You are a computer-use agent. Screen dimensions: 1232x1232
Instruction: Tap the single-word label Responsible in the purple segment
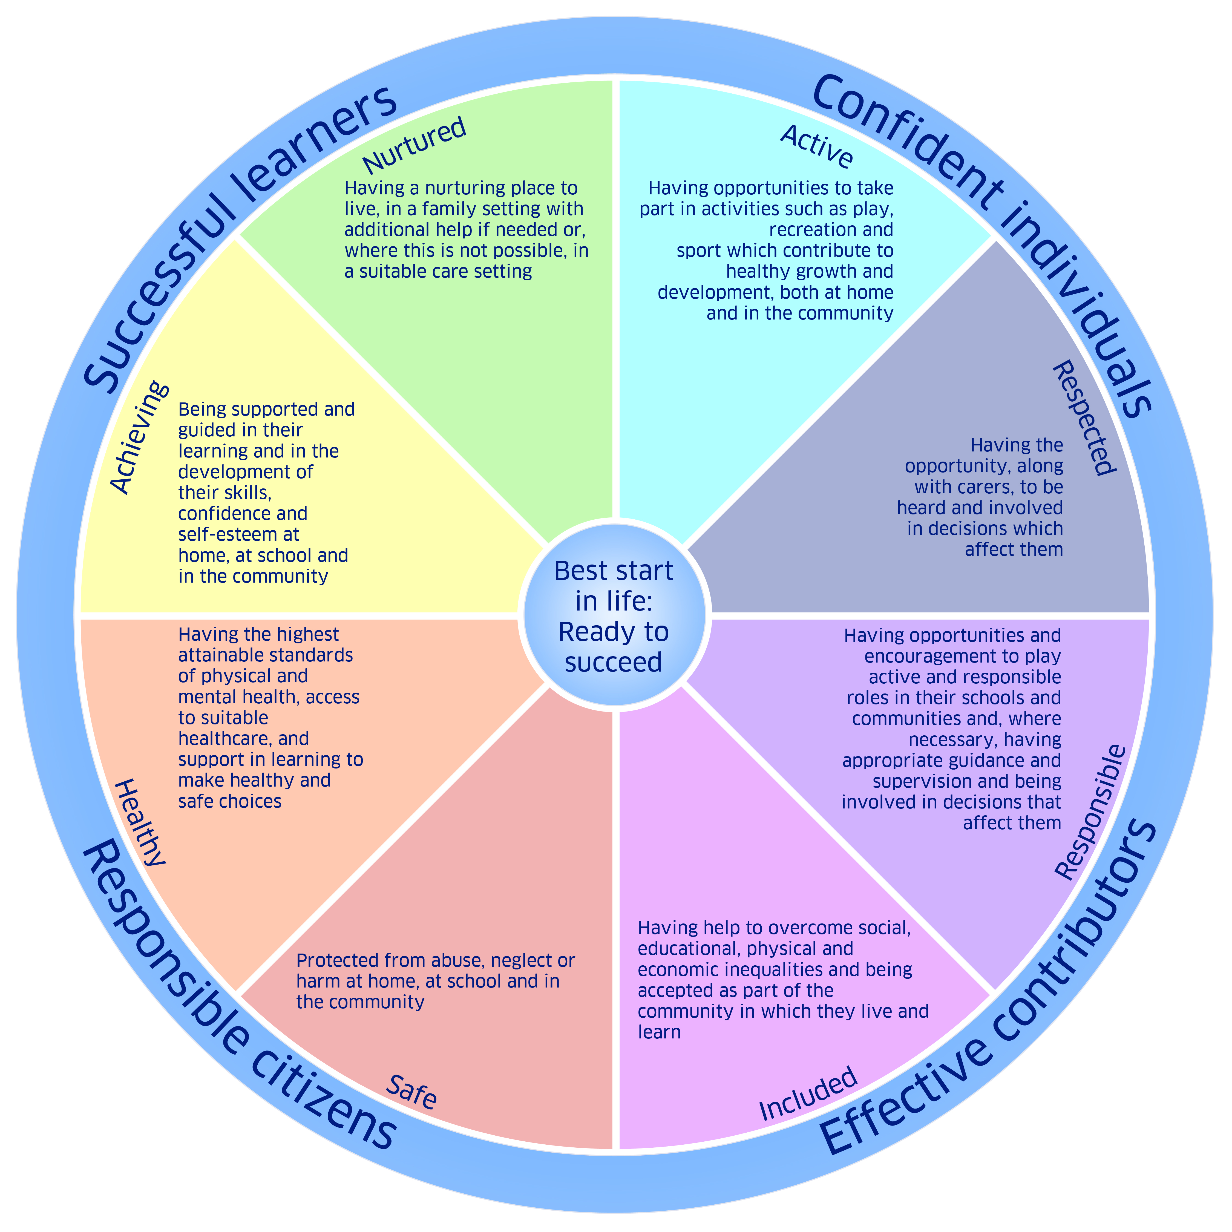point(1090,811)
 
